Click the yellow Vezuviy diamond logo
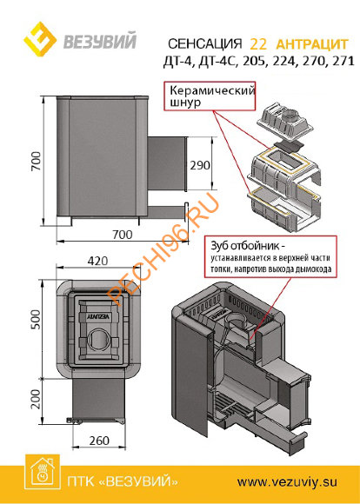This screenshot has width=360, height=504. coord(40,39)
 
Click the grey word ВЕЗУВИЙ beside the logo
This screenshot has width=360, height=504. coord(100,41)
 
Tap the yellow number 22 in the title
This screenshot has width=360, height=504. coord(258,44)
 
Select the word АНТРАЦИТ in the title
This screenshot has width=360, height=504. coord(312,44)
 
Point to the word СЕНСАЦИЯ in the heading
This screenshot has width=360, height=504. coord(204,44)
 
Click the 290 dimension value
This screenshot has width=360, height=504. coord(199,165)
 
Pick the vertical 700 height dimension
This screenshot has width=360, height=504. coord(37,161)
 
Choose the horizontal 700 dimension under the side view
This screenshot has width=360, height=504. coord(123,235)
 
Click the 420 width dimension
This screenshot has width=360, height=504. coord(98,261)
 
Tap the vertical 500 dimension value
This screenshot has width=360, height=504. coord(37,319)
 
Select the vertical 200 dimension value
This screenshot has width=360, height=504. coord(37,399)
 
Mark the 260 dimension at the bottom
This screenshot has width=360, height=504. coord(99,441)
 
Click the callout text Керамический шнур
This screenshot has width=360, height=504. coord(212,96)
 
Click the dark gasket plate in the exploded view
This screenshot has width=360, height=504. coord(290,146)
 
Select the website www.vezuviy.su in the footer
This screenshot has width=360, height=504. coord(287,481)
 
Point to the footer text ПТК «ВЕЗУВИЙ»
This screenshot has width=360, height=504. coord(123,482)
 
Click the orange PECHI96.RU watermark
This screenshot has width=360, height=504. coord(163,249)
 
